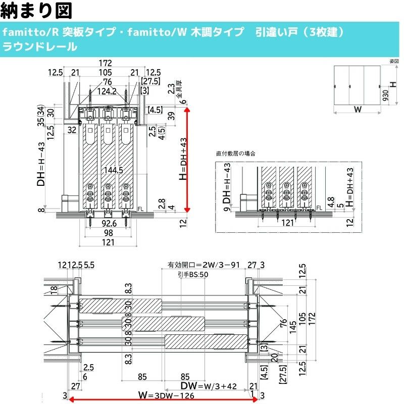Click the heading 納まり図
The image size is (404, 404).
[x=37, y=10]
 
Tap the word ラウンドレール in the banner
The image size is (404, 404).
[x=40, y=47]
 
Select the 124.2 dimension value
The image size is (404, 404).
[x=107, y=91]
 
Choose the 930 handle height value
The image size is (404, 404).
[x=385, y=95]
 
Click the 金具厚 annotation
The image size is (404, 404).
[x=178, y=87]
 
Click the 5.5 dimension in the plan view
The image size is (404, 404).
[x=88, y=264]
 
